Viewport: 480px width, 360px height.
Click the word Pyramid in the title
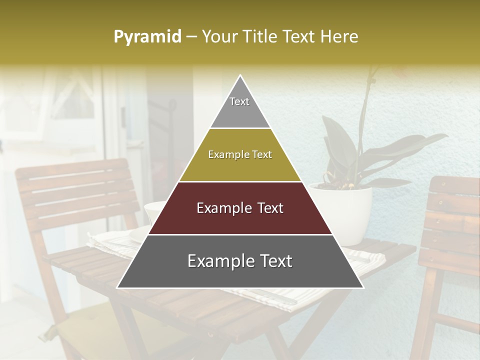pyautogui.click(x=147, y=37)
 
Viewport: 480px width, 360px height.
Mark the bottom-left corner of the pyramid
pyautogui.click(x=118, y=287)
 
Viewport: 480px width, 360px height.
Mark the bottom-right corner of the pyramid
pyautogui.click(x=362, y=287)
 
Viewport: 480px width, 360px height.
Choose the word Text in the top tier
pyautogui.click(x=239, y=101)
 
